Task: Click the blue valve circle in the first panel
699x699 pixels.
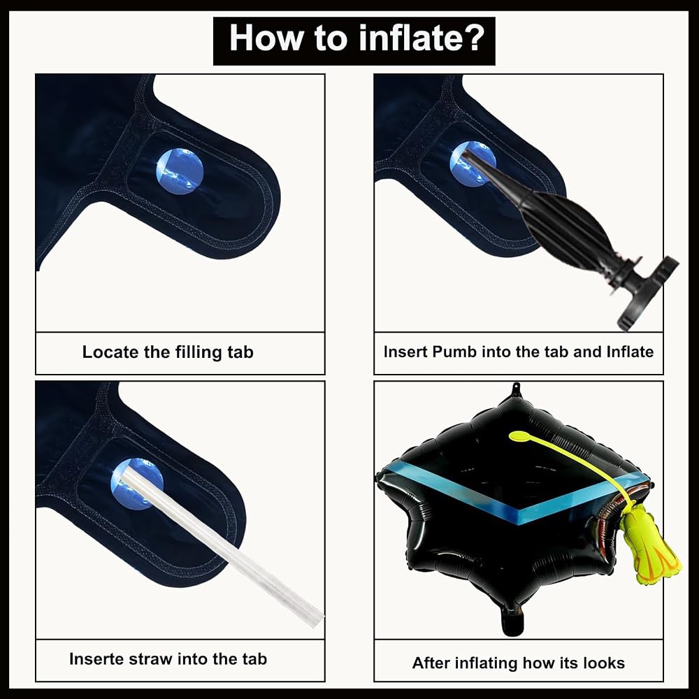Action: pyautogui.click(x=180, y=172)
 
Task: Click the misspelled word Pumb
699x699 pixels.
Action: pyautogui.click(x=455, y=352)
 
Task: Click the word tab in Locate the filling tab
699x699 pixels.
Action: pyautogui.click(x=240, y=352)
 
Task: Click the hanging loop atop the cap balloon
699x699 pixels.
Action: pyautogui.click(x=516, y=387)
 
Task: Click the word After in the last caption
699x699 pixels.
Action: pyautogui.click(x=429, y=663)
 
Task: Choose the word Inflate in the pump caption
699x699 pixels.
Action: pyautogui.click(x=630, y=352)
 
